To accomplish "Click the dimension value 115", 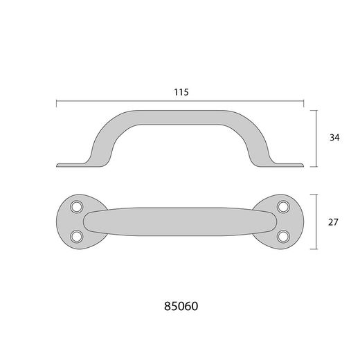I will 181,91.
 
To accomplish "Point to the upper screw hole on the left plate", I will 77,206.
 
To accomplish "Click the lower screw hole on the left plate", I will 77,236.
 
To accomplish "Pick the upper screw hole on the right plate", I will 282,206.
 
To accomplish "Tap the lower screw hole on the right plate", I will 282,236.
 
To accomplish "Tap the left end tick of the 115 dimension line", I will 56,102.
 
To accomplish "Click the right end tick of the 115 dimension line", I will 305,102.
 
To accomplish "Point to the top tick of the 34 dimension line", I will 318,109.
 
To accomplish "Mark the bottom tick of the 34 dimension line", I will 318,166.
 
